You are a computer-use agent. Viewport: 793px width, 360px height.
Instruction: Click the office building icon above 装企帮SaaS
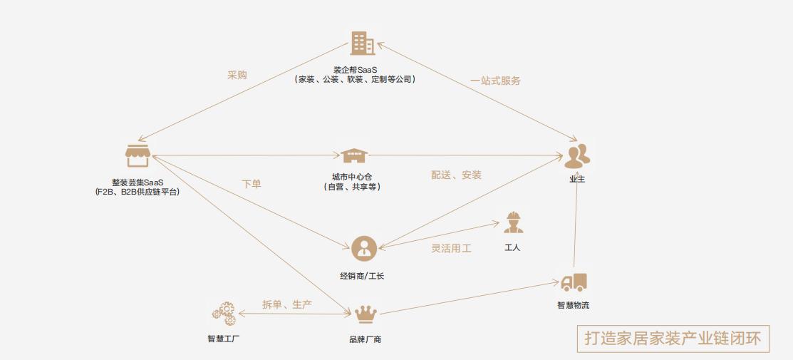(362, 43)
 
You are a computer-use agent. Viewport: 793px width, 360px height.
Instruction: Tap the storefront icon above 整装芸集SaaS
(138, 155)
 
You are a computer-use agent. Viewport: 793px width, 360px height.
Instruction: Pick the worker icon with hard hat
(513, 222)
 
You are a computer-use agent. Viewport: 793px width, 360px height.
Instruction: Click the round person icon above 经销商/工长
(363, 248)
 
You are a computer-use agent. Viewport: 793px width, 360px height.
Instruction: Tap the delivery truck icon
(574, 282)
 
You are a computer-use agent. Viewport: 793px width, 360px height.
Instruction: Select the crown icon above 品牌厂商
(366, 314)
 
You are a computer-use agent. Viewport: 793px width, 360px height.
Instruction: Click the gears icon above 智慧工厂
(223, 313)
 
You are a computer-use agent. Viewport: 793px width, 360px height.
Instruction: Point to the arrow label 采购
(237, 75)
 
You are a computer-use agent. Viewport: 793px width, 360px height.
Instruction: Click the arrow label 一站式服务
(495, 81)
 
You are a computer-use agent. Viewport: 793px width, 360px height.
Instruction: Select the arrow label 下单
(251, 184)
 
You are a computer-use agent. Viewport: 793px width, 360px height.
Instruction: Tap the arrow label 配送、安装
(456, 175)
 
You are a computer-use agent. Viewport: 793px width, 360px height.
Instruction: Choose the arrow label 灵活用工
(451, 249)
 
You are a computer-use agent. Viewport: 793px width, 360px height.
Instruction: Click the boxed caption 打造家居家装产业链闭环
(673, 338)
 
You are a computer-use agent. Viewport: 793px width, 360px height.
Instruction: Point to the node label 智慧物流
(573, 306)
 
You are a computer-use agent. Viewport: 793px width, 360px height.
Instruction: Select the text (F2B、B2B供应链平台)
(137, 192)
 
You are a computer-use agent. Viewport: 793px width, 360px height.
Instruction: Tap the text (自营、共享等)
(352, 187)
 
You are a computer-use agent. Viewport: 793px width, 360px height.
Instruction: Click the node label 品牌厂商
(365, 339)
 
